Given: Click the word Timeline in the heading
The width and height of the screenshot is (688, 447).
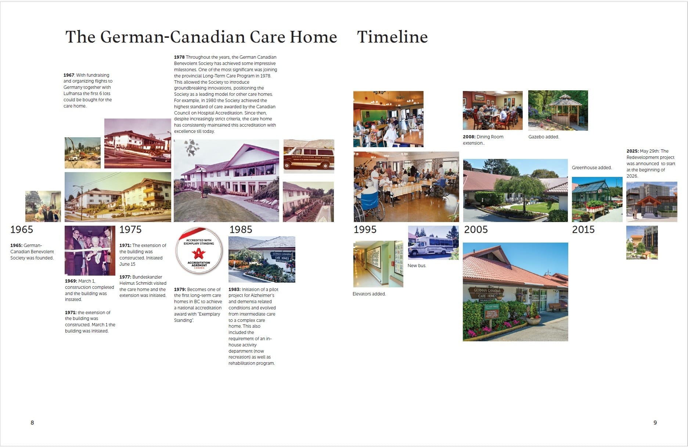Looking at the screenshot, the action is point(392,37).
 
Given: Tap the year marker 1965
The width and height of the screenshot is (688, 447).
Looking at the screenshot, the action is point(22,230).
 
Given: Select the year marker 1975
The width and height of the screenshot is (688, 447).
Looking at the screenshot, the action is point(130,230).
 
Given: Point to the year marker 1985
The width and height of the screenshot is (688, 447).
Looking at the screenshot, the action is point(241,230).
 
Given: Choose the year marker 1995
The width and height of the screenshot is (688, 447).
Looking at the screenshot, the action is point(365,230).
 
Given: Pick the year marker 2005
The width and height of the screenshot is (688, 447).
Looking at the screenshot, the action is point(476,230).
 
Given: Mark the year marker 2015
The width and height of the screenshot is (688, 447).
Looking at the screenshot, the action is point(583,230).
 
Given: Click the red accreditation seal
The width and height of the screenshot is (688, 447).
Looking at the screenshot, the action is point(199,251).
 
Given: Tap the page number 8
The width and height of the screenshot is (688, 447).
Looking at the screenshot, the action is point(32,423).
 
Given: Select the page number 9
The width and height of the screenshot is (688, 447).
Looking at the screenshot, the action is point(655,423).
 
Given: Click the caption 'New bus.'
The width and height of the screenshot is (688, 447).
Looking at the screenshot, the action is point(417,266).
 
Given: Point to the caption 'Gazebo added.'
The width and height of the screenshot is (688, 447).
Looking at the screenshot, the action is point(544,137).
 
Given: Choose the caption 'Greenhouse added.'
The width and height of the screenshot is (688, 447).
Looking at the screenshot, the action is point(592,168).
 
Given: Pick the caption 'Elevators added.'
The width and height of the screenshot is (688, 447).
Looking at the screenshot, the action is point(369,294).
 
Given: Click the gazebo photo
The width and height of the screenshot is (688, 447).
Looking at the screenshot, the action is point(558,110).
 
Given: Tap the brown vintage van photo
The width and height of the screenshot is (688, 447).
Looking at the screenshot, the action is point(309,156).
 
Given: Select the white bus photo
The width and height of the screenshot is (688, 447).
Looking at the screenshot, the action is point(433,243).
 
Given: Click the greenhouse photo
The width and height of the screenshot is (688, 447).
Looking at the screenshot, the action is point(597,200).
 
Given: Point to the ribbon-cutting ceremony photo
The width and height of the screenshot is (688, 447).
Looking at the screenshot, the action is point(90,251).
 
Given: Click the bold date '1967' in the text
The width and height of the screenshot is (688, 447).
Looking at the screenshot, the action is point(69,75).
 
